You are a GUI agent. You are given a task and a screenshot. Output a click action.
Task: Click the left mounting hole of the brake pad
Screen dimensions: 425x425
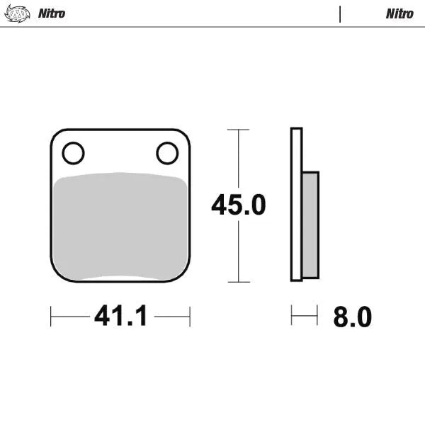[x=73, y=153]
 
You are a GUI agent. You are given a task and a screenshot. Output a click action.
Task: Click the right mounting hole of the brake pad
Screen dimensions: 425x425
[x=167, y=152]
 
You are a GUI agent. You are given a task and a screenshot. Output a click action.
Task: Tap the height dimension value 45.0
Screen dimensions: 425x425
[x=238, y=205]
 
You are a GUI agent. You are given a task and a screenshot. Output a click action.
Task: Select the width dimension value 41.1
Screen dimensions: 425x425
[x=120, y=316]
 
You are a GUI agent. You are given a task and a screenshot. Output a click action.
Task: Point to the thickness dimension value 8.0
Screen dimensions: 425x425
[x=352, y=317]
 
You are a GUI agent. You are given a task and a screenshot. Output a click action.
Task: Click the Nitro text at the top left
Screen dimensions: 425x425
[x=52, y=13]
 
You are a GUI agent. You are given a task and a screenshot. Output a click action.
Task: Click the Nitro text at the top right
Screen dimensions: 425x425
[x=399, y=13]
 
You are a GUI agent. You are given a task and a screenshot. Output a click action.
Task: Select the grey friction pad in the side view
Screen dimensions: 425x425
[x=310, y=225]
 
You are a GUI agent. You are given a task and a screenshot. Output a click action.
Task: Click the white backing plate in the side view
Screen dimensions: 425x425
[x=297, y=205]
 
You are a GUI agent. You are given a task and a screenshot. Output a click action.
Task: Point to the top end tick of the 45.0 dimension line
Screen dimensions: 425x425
[x=238, y=130]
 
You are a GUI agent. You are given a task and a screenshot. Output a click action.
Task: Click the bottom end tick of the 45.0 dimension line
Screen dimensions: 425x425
[x=238, y=282]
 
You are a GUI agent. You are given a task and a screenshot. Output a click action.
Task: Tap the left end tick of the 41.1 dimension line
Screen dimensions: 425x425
[x=51, y=316]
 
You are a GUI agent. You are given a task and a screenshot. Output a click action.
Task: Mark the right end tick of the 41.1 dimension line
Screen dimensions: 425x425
[x=190, y=316]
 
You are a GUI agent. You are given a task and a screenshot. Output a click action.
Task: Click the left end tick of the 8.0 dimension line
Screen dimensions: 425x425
[x=291, y=316]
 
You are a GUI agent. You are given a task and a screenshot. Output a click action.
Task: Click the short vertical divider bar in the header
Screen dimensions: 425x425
[x=340, y=13]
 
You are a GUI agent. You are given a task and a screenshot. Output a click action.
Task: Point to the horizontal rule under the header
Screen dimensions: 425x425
[x=212, y=27]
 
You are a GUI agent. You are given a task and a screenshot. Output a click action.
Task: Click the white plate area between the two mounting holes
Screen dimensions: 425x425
[x=120, y=152]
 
